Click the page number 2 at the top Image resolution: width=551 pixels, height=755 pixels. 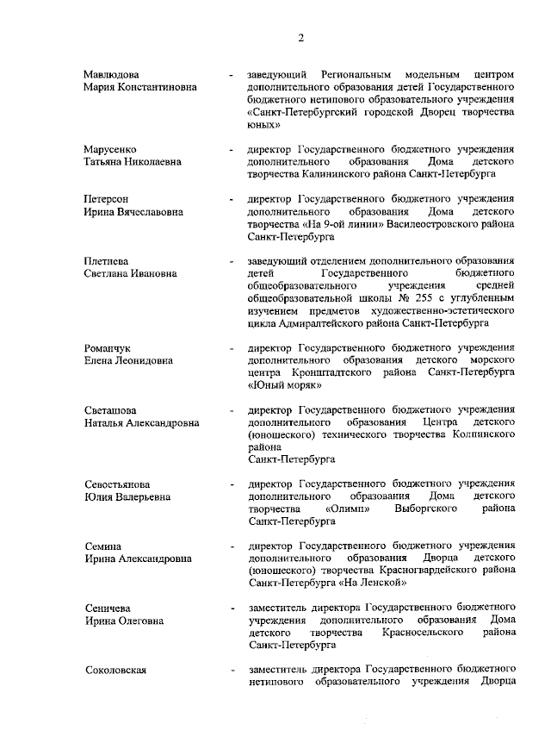pos(301,37)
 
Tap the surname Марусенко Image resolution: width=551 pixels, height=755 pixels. pos(109,149)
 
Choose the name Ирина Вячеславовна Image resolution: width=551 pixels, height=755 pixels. pos(133,211)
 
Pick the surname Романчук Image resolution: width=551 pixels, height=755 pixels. pos(107,347)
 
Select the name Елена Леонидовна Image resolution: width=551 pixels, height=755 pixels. pos(128,360)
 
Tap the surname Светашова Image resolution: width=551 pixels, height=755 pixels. pos(110,410)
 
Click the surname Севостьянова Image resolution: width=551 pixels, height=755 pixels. pos(116,484)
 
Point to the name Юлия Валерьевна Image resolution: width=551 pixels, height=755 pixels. pos(127,497)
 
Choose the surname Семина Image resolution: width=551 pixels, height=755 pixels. pos(102,546)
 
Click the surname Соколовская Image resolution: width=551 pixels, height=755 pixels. pos(115,671)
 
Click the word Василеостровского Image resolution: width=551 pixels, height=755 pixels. pos(430,223)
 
